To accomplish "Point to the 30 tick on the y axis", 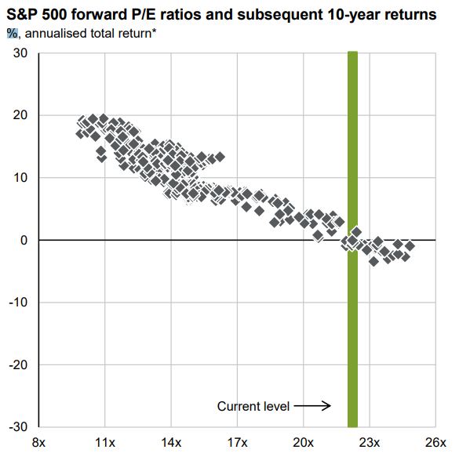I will (x=20, y=53).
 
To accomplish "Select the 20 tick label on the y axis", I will (x=20, y=115).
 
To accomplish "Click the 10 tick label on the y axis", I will (x=20, y=178).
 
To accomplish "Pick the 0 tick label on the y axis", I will (x=24, y=240).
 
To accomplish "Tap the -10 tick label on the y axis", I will (x=19, y=303).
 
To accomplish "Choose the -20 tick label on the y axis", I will (x=19, y=365).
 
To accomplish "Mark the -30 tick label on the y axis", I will (x=19, y=427).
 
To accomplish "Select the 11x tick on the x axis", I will (x=105, y=443).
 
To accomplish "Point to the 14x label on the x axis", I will (x=171, y=443).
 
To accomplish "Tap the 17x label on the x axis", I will (x=237, y=443).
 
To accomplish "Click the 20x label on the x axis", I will (x=304, y=443).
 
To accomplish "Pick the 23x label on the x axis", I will (x=370, y=443).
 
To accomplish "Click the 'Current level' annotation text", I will (x=253, y=406).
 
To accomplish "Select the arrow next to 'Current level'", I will (x=315, y=406).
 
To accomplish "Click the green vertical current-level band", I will (x=352, y=314).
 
